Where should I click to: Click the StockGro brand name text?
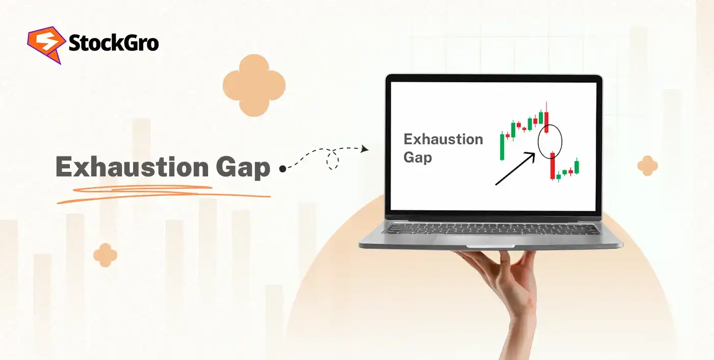point(113,44)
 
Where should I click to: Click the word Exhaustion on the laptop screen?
point(443,139)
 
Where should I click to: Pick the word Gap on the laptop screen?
point(417,157)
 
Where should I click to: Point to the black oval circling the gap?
point(550,141)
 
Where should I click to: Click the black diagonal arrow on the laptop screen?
point(515,169)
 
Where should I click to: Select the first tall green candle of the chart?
point(502,146)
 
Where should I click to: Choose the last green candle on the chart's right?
point(577,167)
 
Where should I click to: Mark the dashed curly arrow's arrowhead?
point(365,149)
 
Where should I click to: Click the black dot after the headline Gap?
point(283,168)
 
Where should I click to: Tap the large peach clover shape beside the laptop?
point(254,86)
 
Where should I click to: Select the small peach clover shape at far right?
point(647,166)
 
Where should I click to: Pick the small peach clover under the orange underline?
point(105,255)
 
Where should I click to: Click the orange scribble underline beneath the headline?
point(163,193)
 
